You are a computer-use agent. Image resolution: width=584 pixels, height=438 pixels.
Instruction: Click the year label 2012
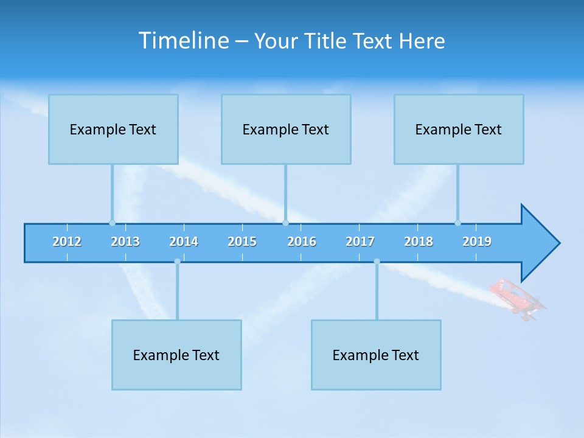click(x=67, y=242)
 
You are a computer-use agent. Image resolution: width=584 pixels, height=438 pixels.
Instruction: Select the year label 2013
click(x=125, y=242)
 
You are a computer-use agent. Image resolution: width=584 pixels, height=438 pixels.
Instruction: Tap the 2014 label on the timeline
click(x=184, y=242)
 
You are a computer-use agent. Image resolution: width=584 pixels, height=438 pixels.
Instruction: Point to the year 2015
click(x=242, y=242)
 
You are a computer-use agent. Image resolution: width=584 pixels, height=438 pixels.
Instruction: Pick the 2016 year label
click(x=302, y=242)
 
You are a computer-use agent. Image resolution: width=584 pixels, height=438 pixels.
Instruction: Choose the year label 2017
click(x=360, y=242)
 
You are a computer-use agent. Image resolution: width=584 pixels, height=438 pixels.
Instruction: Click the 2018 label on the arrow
click(x=419, y=242)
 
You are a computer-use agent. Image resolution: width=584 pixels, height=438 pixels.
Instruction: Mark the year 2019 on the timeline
click(x=477, y=242)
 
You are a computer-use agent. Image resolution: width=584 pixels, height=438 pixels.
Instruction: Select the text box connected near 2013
click(x=113, y=129)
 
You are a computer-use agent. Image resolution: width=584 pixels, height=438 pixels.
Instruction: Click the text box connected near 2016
click(x=286, y=129)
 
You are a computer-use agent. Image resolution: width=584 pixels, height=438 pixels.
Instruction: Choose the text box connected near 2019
click(x=459, y=129)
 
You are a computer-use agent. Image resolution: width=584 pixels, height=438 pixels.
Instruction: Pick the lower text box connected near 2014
click(x=176, y=355)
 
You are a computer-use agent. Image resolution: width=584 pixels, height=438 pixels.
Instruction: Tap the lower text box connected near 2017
click(x=376, y=355)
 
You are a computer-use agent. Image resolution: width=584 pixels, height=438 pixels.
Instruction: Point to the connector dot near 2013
click(x=112, y=223)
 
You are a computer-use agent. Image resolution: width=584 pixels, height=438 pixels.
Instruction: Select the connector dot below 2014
click(x=177, y=262)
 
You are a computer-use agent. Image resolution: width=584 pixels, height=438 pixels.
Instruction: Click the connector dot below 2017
click(x=377, y=262)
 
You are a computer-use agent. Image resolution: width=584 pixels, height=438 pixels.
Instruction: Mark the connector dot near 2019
click(x=457, y=223)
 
